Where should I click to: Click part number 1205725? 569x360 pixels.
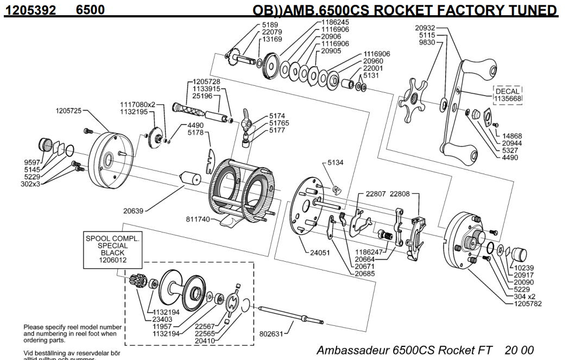click(x=68, y=111)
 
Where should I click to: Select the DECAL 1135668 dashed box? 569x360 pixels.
click(x=507, y=95)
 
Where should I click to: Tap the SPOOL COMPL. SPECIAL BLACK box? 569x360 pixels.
click(x=112, y=249)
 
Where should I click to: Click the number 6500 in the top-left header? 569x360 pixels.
click(x=91, y=10)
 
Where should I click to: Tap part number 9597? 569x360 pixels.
click(x=31, y=162)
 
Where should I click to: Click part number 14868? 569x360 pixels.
click(x=512, y=136)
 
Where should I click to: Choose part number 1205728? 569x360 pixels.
click(x=205, y=82)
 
